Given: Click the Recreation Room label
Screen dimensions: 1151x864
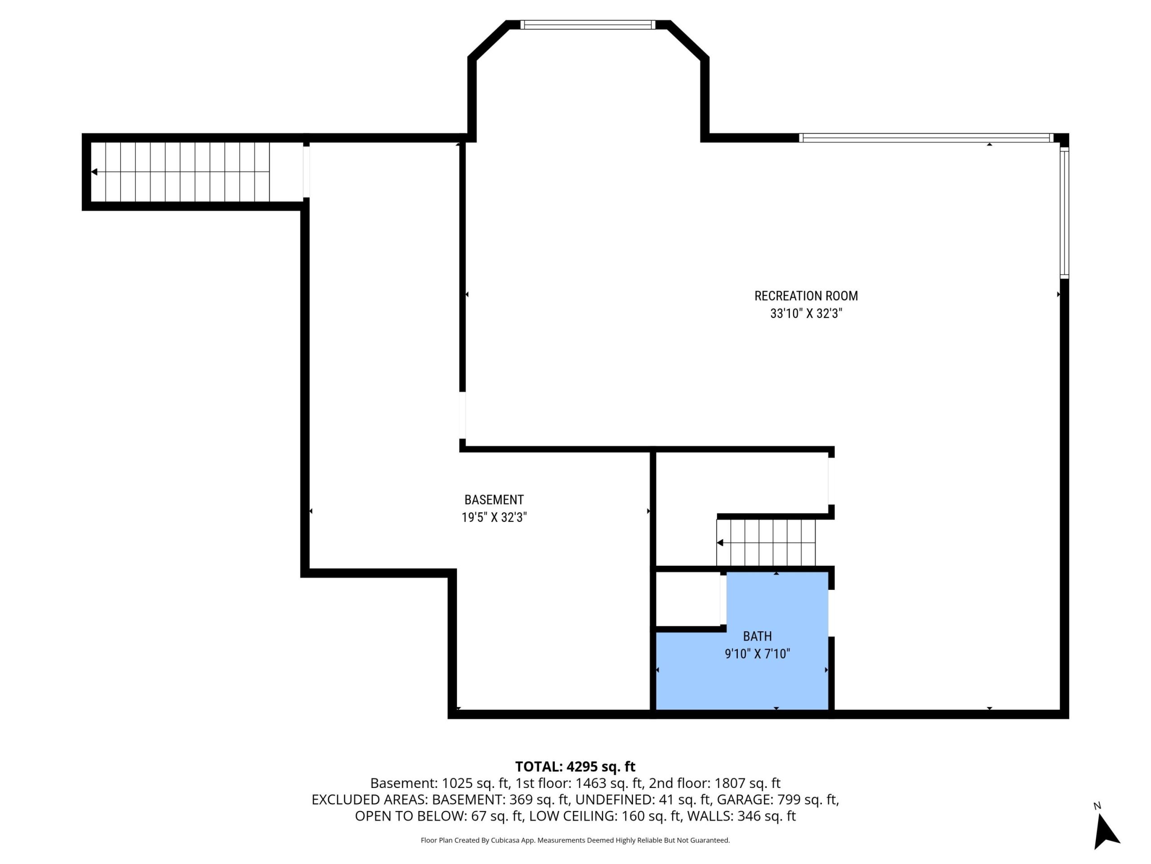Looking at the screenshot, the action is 806,296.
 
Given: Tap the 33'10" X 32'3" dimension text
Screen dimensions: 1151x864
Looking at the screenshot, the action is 806,314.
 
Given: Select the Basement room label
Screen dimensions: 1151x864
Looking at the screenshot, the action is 494,500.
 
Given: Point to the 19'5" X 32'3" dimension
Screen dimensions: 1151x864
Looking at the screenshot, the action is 494,517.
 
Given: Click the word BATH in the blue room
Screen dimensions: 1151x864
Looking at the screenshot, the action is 757,636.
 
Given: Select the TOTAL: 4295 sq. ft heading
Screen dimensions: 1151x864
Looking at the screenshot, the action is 575,767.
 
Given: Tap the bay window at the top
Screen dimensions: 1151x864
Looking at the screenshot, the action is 588,24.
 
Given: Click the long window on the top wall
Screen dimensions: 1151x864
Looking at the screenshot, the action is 926,138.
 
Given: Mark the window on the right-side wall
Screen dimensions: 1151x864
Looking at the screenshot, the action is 1065,212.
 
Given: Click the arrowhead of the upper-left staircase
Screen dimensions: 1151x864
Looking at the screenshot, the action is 94,172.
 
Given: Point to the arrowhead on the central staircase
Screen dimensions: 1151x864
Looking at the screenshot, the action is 720,543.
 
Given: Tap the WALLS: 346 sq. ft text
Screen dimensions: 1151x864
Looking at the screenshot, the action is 741,817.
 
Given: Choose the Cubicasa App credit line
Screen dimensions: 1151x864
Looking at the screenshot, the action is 575,841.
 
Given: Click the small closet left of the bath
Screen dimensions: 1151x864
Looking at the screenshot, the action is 687,599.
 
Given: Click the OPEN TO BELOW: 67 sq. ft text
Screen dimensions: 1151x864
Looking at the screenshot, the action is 438,817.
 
